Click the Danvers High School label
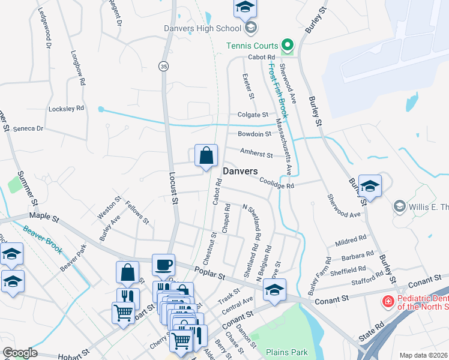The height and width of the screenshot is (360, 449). (x=202, y=28)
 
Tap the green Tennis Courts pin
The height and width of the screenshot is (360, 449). (x=287, y=46)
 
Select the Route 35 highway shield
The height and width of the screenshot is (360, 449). (x=163, y=65)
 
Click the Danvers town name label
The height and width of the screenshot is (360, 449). (x=240, y=171)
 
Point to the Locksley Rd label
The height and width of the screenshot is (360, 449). (x=66, y=109)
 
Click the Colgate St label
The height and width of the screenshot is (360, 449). (x=252, y=114)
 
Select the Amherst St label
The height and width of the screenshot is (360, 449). (x=256, y=154)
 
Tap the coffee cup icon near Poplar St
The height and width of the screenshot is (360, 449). (x=163, y=264)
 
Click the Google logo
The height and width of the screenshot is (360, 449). (x=20, y=353)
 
